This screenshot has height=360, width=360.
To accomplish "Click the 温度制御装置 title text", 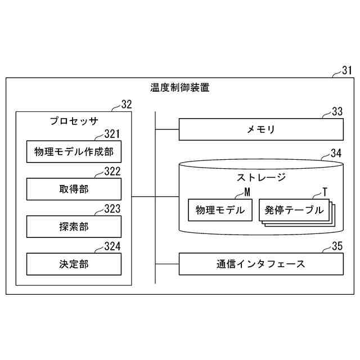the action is coord(180,88).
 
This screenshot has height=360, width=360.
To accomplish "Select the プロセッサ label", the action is coord(73,120).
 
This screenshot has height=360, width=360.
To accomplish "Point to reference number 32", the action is coord(127,104).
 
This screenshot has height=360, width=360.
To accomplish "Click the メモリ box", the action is coord(261,129).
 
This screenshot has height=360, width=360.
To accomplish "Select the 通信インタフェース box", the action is coord(261,264).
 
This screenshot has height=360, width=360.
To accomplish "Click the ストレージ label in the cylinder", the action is coord(260,177).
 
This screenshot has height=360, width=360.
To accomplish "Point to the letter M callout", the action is coord(246,192).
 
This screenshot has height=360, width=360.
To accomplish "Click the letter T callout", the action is coord(325,192).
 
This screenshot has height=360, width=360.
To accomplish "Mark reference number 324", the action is coord(112,246).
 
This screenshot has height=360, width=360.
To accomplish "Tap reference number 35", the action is coord(336,246).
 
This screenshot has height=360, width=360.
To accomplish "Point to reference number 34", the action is coord(336,152).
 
